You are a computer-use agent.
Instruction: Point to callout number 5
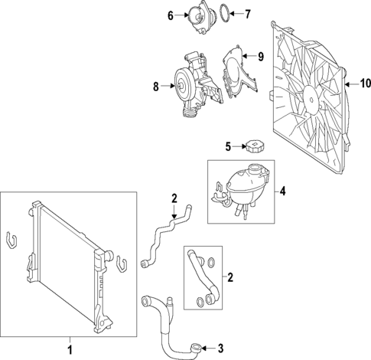coord(228,146)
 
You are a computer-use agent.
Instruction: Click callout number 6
coord(171,14)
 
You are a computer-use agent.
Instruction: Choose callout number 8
coord(155,87)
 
